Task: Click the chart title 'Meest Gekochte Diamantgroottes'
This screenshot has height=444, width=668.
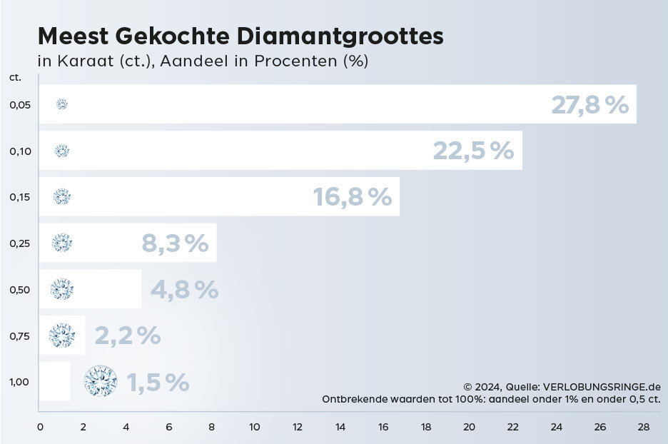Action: pos(240,36)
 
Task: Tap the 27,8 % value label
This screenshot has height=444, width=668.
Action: pos(589,105)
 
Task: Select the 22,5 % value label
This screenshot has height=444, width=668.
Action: pos(473,151)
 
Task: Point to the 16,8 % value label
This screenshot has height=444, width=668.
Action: pos(353,197)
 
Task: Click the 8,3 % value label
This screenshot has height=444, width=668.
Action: pos(175,243)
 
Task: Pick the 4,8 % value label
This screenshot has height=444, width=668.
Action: pos(184,289)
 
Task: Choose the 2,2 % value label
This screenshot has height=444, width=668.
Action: pos(128,335)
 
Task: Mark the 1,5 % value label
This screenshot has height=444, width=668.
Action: pos(158,382)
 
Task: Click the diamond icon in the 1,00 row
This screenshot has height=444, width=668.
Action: pos(101,381)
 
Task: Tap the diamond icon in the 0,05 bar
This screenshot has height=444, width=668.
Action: pos(62,104)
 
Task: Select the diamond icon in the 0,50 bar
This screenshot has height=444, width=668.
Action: pos(62,289)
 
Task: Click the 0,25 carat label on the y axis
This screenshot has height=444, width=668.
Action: pos(20,243)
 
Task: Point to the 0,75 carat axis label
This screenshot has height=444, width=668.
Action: pos(20,335)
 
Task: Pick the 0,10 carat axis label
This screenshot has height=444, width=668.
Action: pos(20,151)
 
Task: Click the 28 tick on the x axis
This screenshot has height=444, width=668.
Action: pos(643,427)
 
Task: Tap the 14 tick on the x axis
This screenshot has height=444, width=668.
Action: pos(340,427)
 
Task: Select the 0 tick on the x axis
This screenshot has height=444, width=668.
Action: pos(40,427)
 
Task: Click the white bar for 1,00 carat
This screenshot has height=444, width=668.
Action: pos(54,381)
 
